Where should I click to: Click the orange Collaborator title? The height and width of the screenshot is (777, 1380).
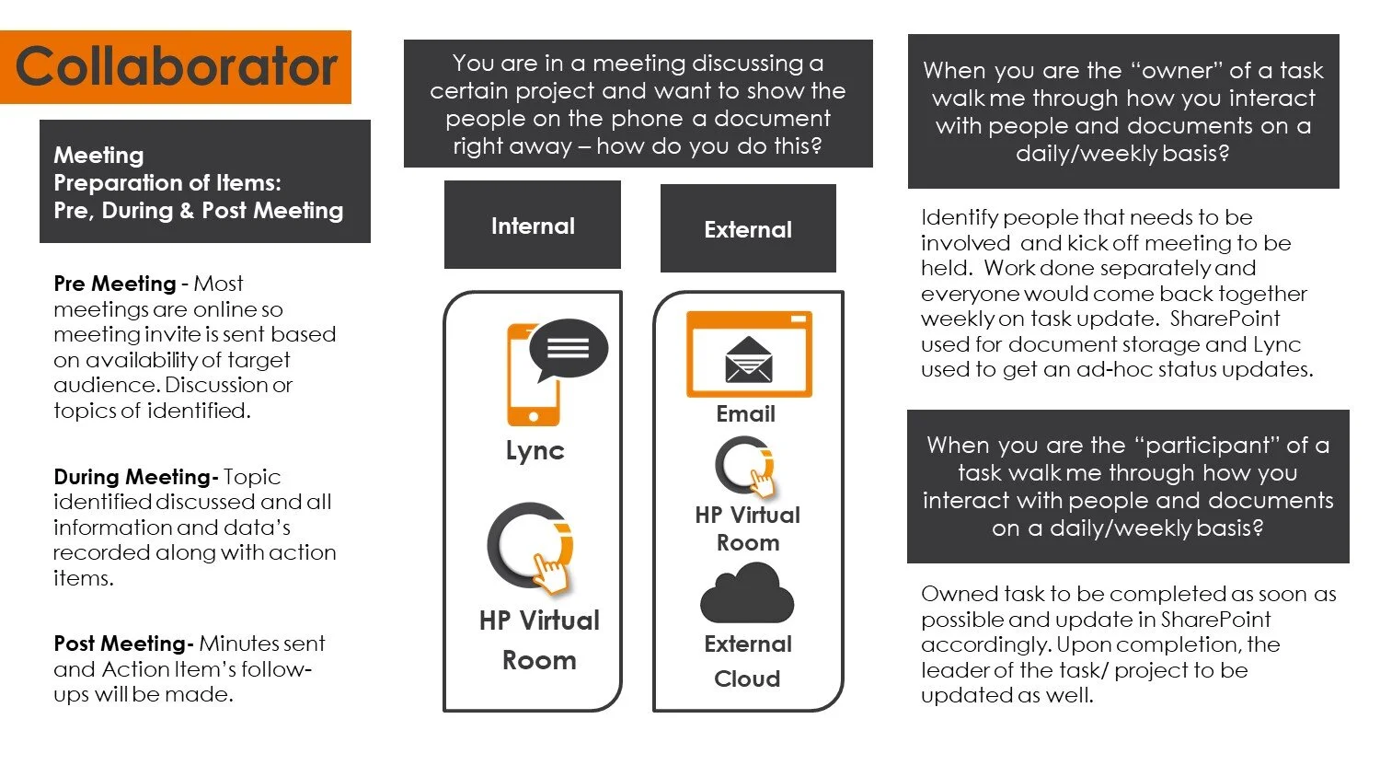[x=177, y=67]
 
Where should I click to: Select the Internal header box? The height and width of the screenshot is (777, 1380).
[x=533, y=226]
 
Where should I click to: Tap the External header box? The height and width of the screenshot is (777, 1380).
[x=748, y=229]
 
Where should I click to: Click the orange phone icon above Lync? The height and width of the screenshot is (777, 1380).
[x=533, y=387]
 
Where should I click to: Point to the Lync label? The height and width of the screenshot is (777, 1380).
[x=535, y=451]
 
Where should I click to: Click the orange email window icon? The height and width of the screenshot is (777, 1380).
[x=749, y=354]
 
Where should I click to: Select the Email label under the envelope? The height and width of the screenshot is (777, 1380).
[x=745, y=414]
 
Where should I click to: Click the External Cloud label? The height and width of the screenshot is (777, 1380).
[x=747, y=661]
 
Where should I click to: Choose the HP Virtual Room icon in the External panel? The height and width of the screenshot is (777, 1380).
[x=746, y=467]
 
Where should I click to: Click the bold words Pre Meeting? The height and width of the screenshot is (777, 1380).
[x=115, y=284]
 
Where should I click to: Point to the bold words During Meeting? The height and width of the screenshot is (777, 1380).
[x=133, y=477]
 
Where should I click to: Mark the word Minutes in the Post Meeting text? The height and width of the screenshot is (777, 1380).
[x=237, y=644]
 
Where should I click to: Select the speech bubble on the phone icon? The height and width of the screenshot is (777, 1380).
[x=568, y=348]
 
